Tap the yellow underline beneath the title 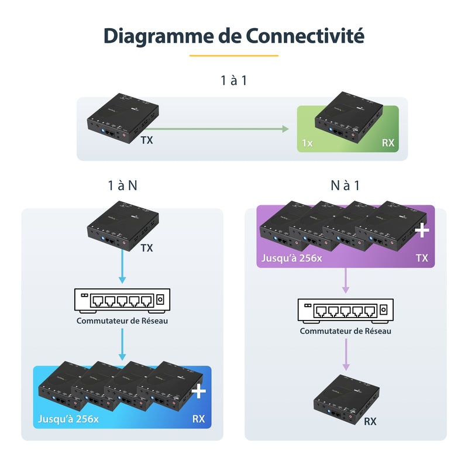pos(234,56)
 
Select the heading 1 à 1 pos(234,80)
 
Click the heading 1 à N pos(123,185)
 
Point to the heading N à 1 pos(345,185)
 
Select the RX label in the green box pos(388,142)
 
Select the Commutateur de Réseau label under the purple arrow pos(345,331)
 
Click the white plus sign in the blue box pos(199,391)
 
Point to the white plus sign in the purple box pos(421,231)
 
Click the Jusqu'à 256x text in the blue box pos(68,419)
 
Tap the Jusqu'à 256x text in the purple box pos(291,257)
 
